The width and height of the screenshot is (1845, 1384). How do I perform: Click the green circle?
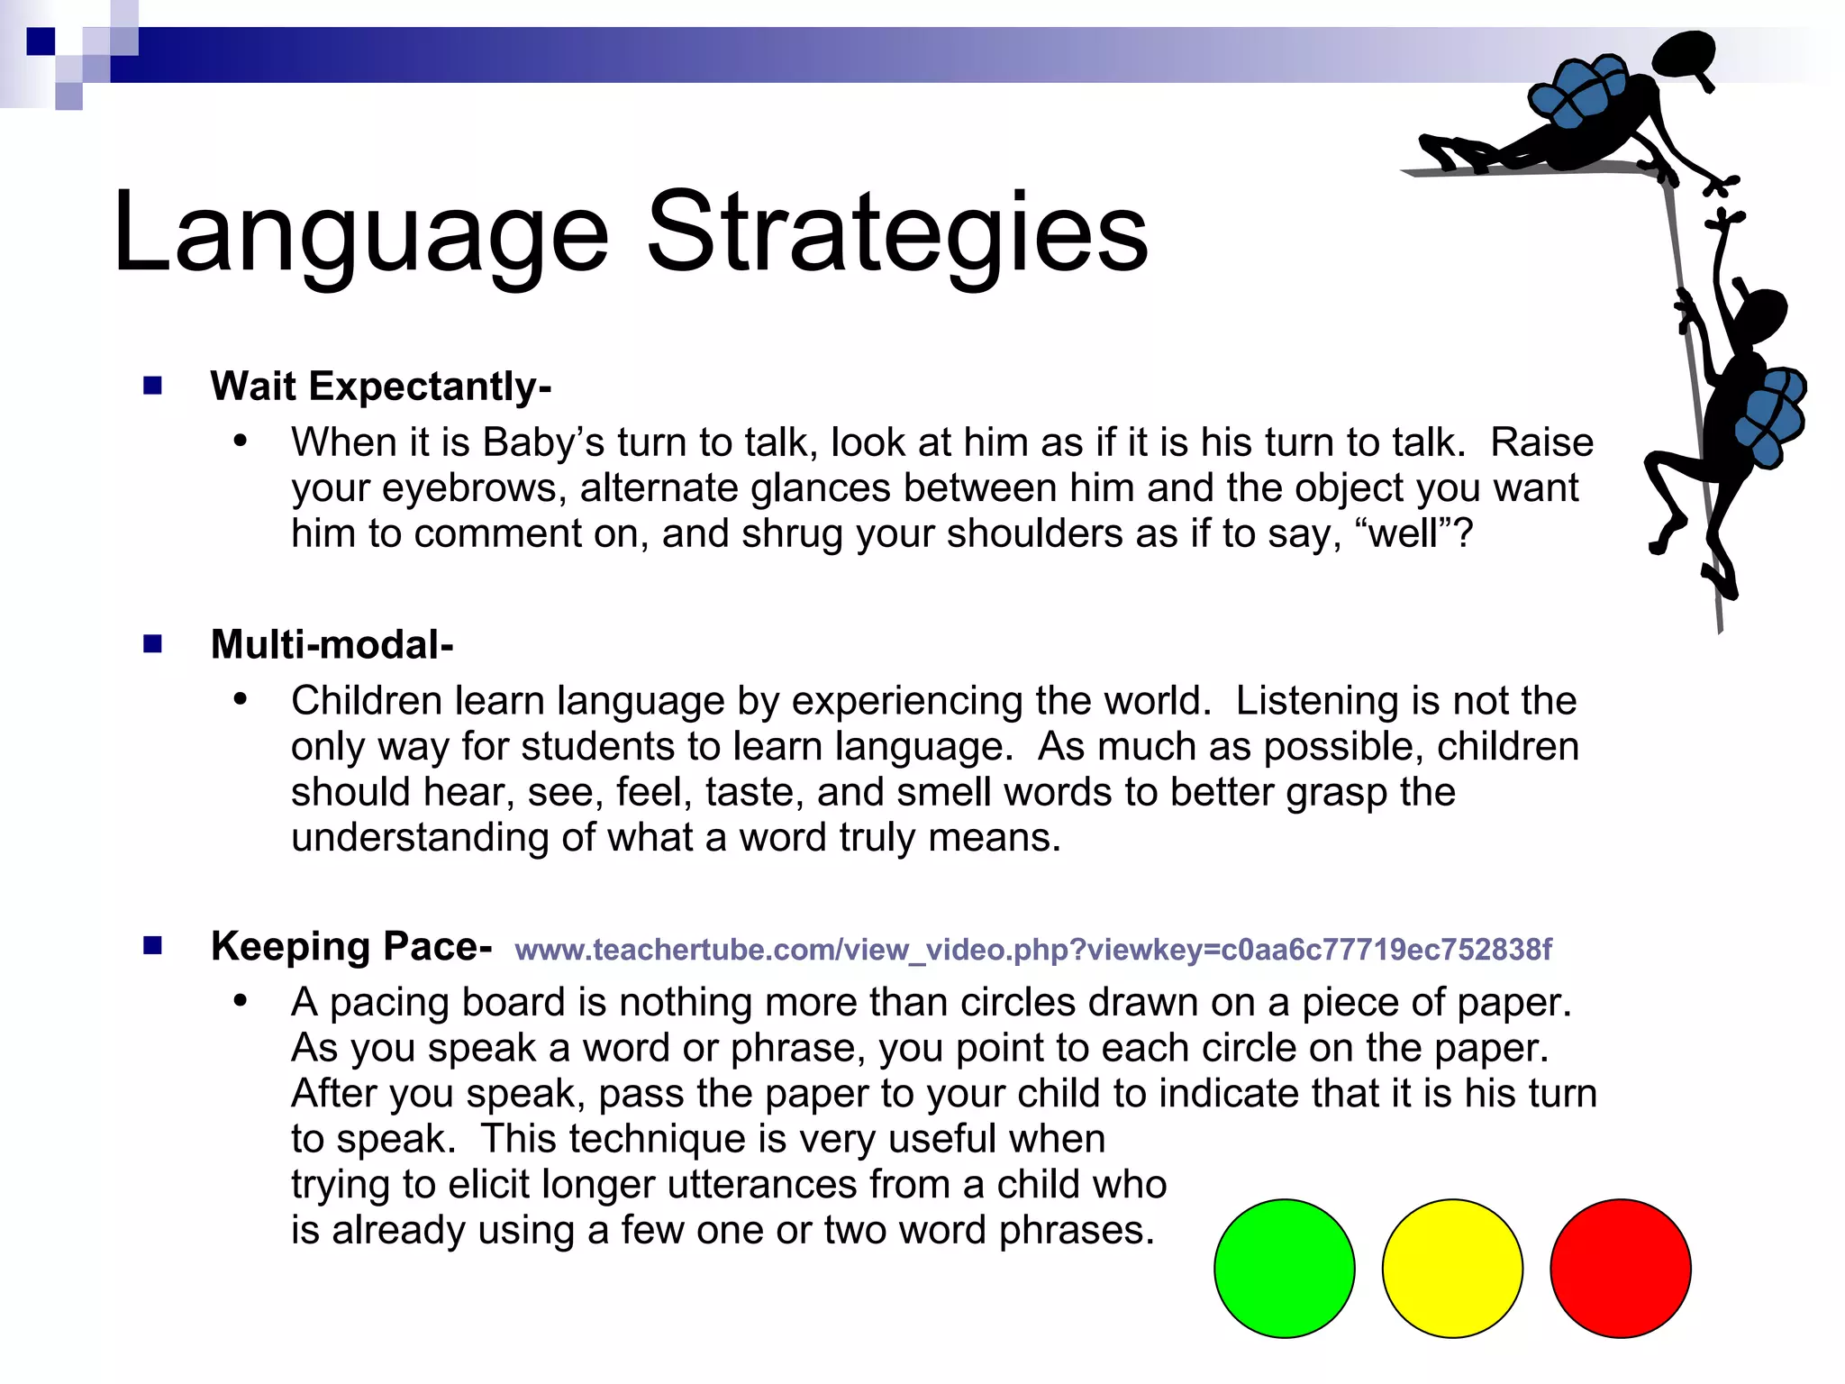pos(1284,1268)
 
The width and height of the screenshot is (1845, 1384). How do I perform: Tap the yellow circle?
pos(1452,1268)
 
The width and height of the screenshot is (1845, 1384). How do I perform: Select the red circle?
pos(1620,1268)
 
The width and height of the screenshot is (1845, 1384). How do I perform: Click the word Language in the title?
pos(360,234)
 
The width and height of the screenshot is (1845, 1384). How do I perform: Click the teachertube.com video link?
pos(1032,949)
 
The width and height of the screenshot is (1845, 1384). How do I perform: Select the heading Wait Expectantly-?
pos(380,386)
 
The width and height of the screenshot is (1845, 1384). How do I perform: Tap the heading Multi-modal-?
pos(332,644)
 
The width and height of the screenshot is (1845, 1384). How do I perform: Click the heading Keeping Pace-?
pos(351,946)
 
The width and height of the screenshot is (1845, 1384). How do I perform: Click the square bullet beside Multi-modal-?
pos(152,643)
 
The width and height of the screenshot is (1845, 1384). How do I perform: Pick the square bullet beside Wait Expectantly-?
pos(152,386)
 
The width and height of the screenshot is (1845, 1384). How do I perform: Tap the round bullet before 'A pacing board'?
pos(240,1001)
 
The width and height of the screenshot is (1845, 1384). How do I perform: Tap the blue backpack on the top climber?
pos(1578,90)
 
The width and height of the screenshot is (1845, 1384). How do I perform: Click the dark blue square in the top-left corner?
pos(41,41)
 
